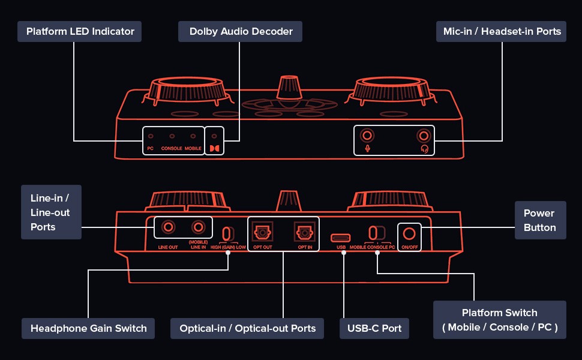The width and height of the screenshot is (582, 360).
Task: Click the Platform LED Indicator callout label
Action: tap(80, 31)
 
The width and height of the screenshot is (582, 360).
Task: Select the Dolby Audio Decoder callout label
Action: tap(240, 31)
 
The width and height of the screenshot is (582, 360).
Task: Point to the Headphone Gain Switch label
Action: tap(88, 328)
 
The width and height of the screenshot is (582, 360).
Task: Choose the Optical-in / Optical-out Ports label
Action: tap(247, 328)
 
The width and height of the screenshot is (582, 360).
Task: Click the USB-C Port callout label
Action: tap(374, 328)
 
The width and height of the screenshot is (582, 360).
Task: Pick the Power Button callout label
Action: tap(539, 220)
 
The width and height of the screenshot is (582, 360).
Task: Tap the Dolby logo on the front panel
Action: tap(215, 146)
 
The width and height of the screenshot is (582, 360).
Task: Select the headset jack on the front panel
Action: tap(425, 135)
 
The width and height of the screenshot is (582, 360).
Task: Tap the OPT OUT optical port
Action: tap(262, 231)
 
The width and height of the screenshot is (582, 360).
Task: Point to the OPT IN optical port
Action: tap(302, 231)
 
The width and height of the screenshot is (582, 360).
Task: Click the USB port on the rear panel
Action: tap(342, 236)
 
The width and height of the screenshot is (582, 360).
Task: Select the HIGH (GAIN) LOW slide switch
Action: tap(228, 233)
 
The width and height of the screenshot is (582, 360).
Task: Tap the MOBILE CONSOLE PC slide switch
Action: tap(376, 232)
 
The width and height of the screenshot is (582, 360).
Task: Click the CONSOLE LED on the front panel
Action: tap(172, 137)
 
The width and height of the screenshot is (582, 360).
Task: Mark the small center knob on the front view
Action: tap(289, 88)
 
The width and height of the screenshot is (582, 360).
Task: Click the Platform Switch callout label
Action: tap(500, 320)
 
